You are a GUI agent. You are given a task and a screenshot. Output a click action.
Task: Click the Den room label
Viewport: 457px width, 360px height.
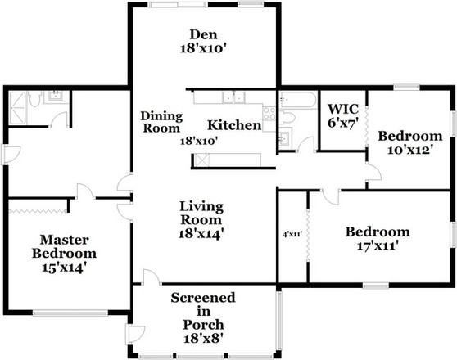(203, 34)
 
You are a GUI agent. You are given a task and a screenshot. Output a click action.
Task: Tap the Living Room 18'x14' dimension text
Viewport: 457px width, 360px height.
(201, 234)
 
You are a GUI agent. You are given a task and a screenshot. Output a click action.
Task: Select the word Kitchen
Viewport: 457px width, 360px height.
(234, 125)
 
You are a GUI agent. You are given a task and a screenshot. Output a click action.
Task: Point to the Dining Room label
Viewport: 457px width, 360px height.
(161, 122)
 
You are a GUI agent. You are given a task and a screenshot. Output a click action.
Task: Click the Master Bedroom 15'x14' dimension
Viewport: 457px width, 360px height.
(64, 268)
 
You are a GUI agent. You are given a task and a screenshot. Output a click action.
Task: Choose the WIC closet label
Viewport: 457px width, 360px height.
(343, 109)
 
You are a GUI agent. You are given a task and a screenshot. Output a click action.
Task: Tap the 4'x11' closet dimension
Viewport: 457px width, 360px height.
(292, 234)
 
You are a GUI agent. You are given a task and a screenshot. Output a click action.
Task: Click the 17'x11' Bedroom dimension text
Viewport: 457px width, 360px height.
(378, 245)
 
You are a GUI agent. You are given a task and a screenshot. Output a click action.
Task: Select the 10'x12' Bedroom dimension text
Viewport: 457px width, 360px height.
(409, 150)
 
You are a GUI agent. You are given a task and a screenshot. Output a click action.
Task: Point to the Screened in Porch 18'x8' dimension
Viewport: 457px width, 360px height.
(203, 338)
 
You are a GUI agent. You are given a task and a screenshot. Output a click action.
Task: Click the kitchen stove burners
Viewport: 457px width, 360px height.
(269, 114)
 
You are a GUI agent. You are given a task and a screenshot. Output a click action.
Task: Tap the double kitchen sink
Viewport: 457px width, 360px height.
(233, 97)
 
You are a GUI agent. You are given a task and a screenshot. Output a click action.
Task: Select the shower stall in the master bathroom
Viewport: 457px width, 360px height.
(18, 108)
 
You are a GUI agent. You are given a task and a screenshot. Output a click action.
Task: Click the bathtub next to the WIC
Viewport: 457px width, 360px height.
(297, 100)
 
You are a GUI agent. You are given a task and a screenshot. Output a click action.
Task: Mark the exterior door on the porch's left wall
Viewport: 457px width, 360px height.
(135, 334)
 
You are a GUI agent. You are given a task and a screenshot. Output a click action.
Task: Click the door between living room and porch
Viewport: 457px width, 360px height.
(152, 277)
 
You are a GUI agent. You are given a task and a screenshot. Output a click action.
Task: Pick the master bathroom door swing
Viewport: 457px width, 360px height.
(59, 119)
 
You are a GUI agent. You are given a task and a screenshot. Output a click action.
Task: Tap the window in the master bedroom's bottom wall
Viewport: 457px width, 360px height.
(70, 313)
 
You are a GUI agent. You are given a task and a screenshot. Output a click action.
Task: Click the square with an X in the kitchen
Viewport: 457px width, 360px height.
(201, 160)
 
